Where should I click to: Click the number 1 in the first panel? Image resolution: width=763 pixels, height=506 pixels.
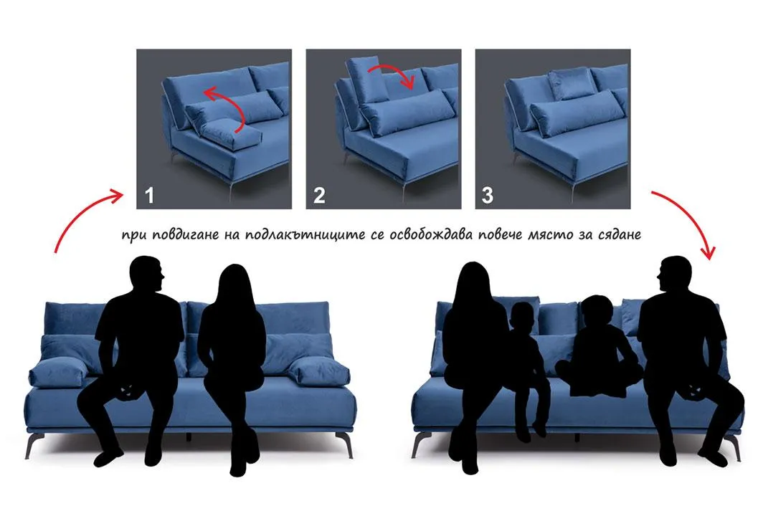click(x=149, y=195)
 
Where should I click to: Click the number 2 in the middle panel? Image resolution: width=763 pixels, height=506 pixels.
click(x=318, y=195)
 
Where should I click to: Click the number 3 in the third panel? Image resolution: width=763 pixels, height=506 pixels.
click(x=487, y=195)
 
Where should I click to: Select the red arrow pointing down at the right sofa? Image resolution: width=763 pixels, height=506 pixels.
click(x=691, y=214)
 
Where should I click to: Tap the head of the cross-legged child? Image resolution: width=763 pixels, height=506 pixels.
click(x=597, y=311)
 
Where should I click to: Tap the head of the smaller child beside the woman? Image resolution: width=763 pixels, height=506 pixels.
click(x=523, y=318)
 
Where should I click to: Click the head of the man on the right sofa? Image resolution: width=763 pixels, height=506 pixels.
click(x=674, y=275)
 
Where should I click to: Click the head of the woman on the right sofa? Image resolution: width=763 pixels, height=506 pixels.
click(x=472, y=285)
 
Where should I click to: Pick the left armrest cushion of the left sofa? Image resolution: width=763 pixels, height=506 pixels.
click(x=58, y=372)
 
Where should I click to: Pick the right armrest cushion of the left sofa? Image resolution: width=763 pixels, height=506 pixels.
click(x=319, y=371)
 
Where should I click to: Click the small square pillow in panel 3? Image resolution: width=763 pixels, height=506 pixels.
click(x=572, y=84)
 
